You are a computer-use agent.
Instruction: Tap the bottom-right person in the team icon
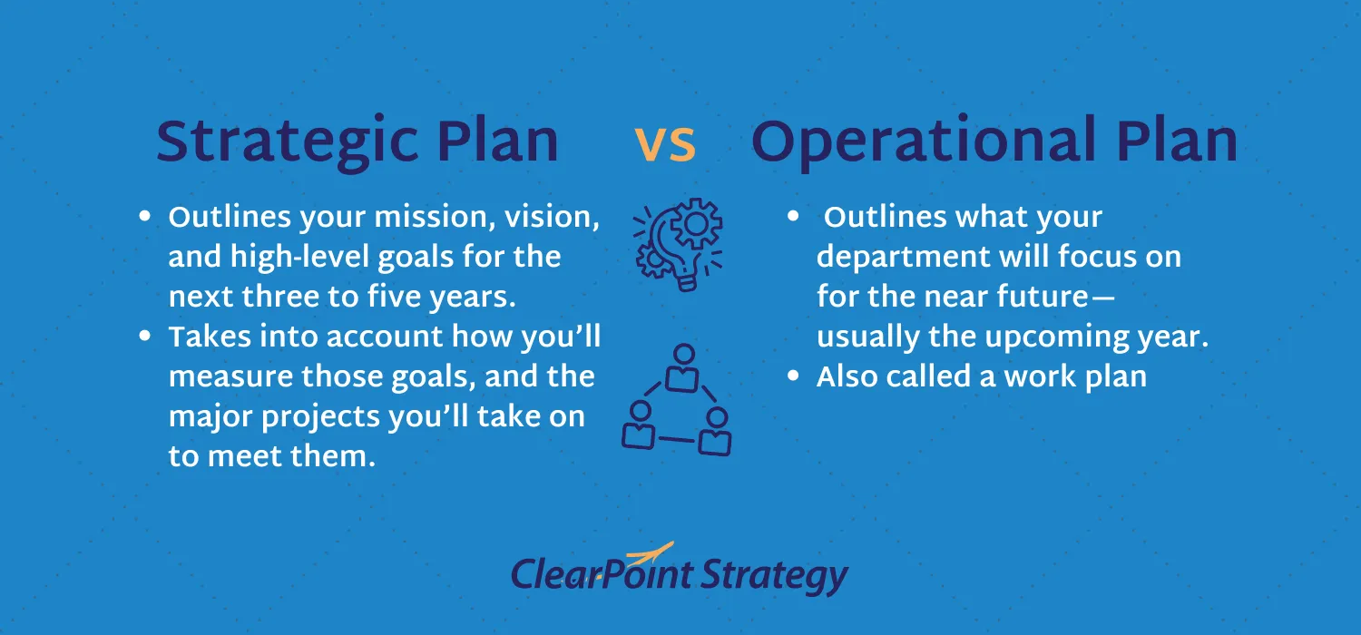point(716,431)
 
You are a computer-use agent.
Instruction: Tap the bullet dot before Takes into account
point(145,337)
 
